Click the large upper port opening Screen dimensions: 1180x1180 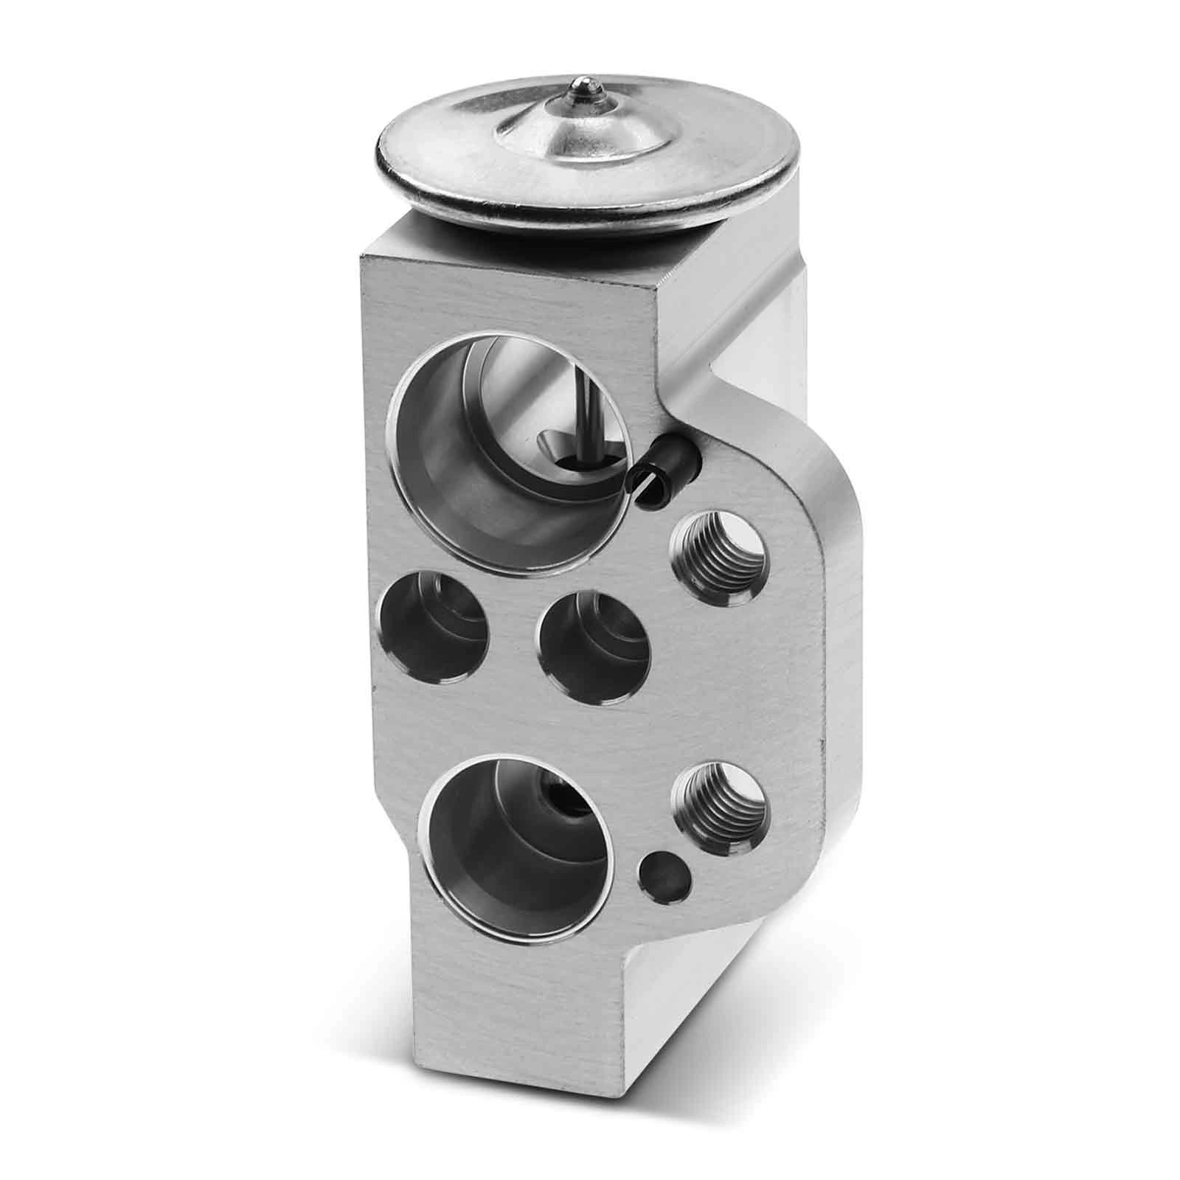[x=509, y=442]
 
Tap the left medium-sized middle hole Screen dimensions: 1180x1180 [x=434, y=627]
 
